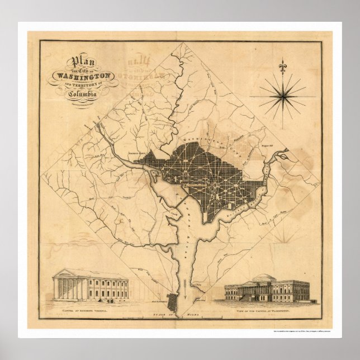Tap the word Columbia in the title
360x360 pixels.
(83, 94)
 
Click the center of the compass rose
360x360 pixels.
(282, 97)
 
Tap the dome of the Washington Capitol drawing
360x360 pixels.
(266, 277)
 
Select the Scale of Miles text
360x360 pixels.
(179, 315)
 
